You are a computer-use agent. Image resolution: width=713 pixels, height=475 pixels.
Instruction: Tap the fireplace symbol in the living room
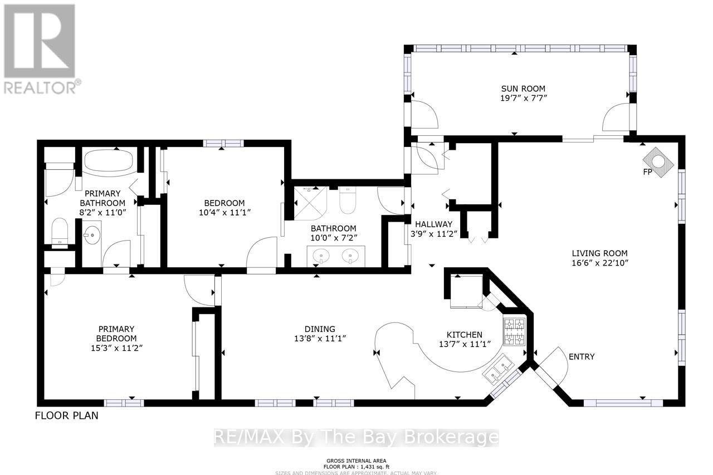tap(660, 162)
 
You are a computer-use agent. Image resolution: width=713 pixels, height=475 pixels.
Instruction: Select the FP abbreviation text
tap(647, 172)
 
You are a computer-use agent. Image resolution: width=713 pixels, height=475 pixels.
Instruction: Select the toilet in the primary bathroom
tap(59, 231)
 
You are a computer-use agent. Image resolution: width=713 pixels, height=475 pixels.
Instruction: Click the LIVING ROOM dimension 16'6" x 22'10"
tap(599, 263)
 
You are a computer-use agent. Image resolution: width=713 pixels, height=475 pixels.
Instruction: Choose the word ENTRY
tap(581, 356)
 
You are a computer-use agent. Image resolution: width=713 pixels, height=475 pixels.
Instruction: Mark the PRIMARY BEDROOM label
tap(116, 334)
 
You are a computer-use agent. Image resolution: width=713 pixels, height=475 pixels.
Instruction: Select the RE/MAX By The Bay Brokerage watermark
tap(356, 438)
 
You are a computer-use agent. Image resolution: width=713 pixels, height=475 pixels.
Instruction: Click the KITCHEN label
tap(466, 335)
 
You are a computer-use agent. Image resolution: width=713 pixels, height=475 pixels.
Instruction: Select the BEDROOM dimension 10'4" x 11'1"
tap(223, 213)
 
